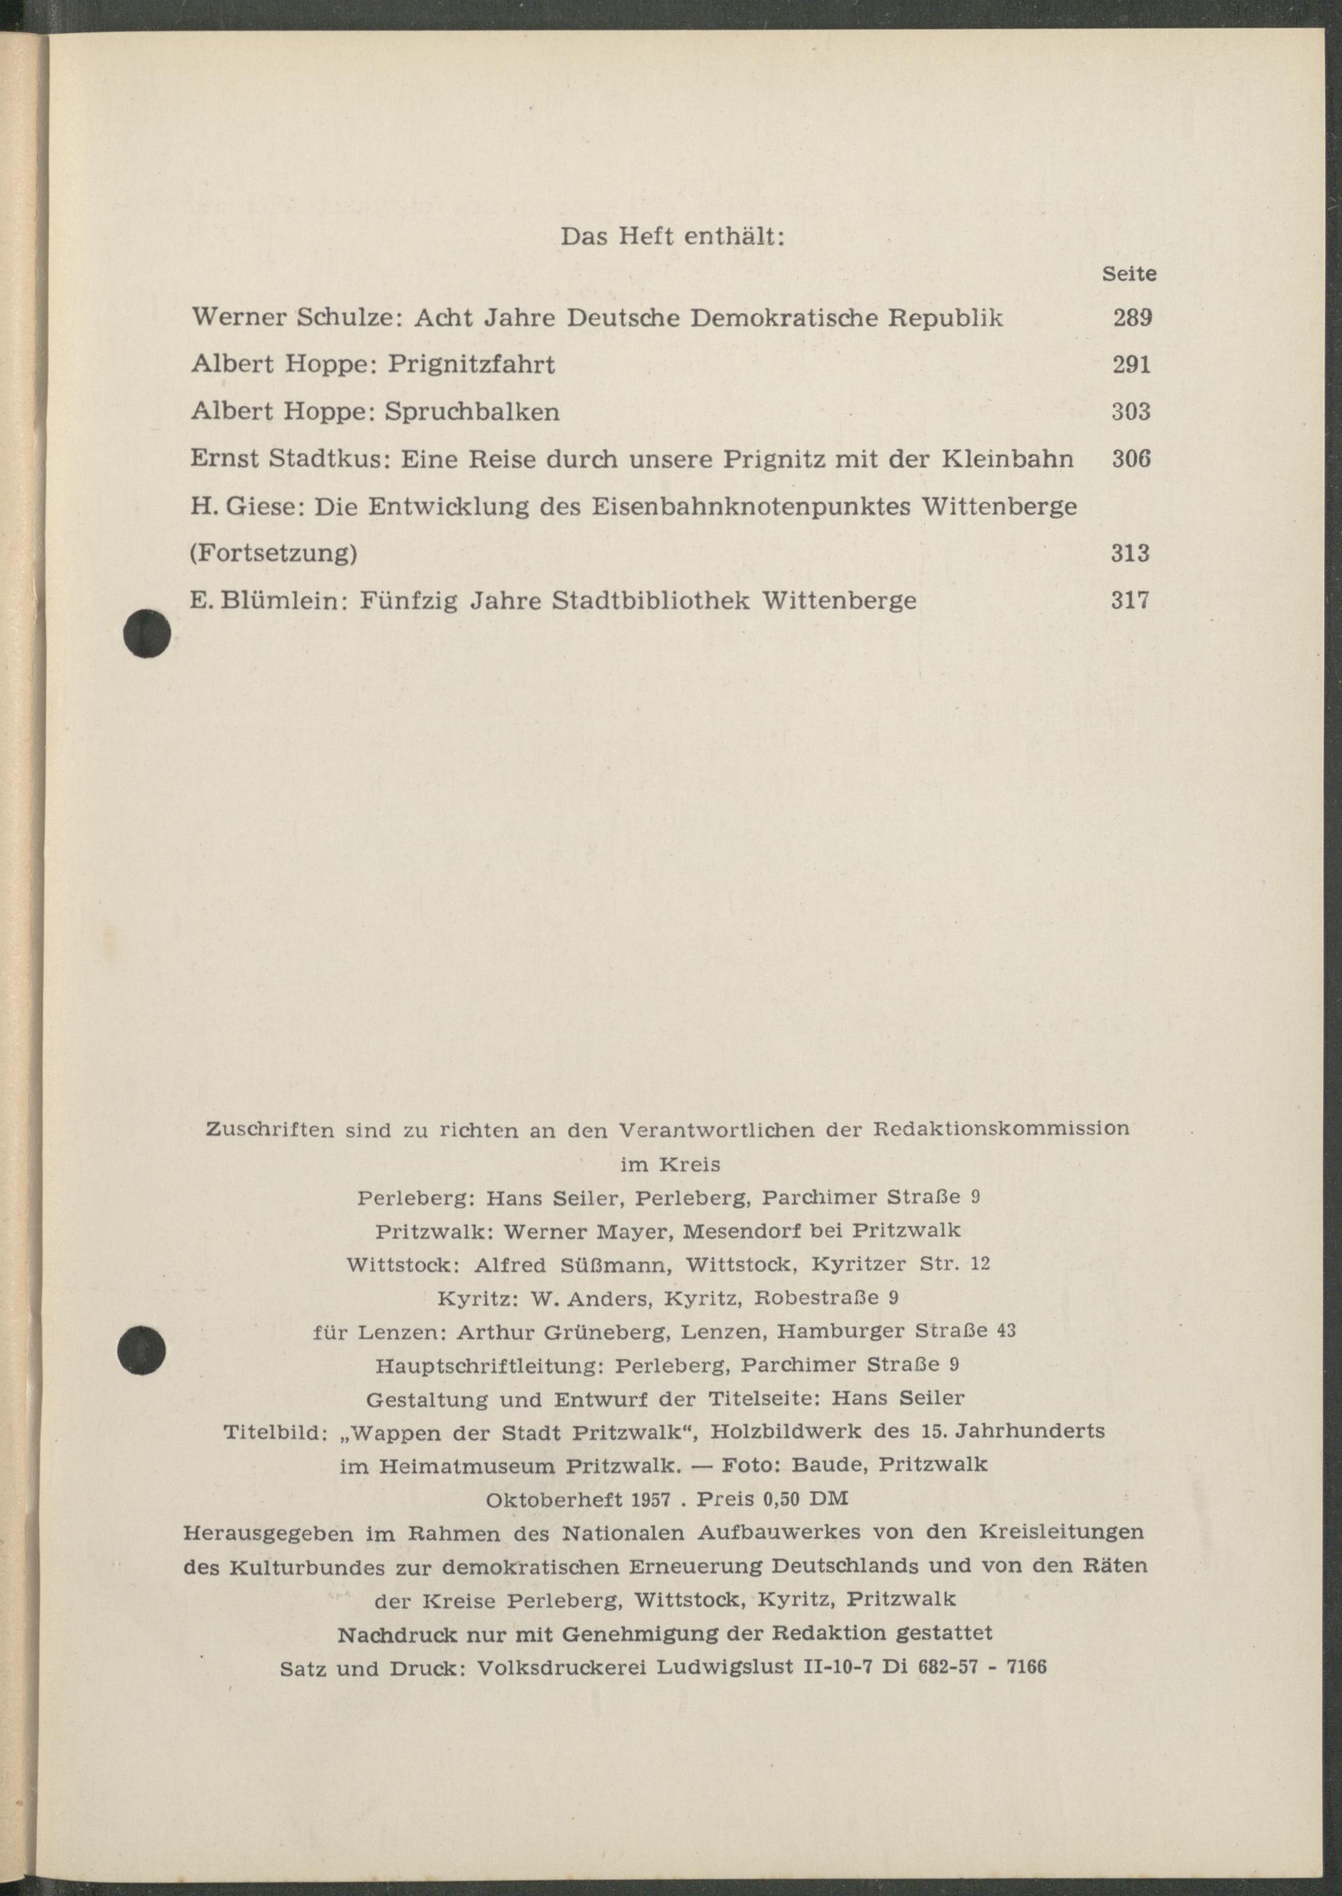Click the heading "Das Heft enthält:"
point(672,237)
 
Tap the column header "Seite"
point(1129,275)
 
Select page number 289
point(1132,317)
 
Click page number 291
point(1131,364)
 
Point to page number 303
point(1131,411)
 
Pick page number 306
point(1131,458)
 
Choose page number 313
point(1131,553)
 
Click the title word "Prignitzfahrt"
point(471,364)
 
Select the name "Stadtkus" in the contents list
point(329,458)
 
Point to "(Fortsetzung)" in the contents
point(274,553)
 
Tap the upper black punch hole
point(146,635)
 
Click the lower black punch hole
point(142,1350)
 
